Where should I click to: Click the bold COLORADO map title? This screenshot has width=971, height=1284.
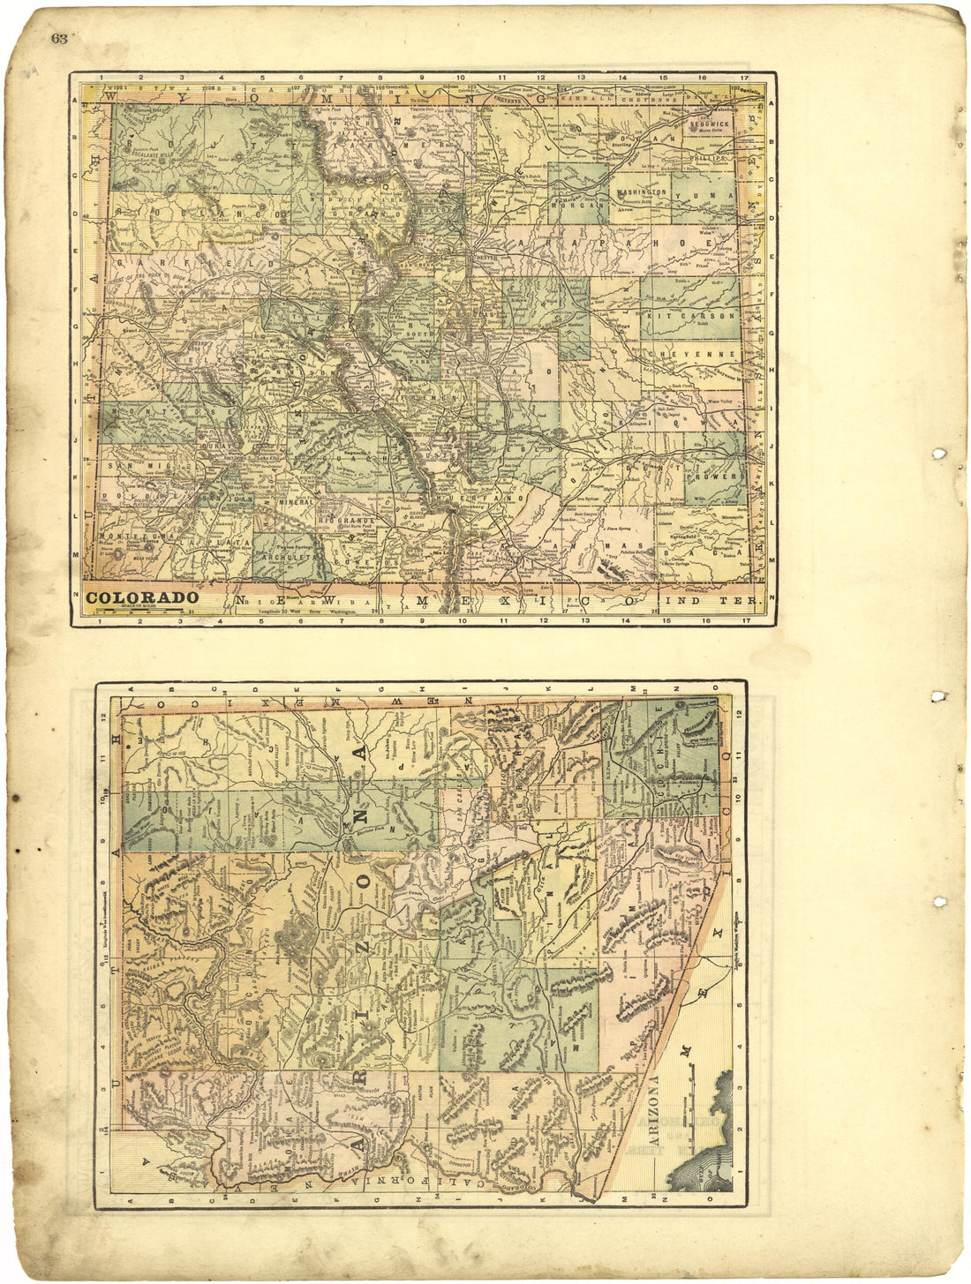142,597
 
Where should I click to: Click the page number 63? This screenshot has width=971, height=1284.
59,38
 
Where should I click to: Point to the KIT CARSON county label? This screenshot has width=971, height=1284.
691,315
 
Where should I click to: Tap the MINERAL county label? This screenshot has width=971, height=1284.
296,502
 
